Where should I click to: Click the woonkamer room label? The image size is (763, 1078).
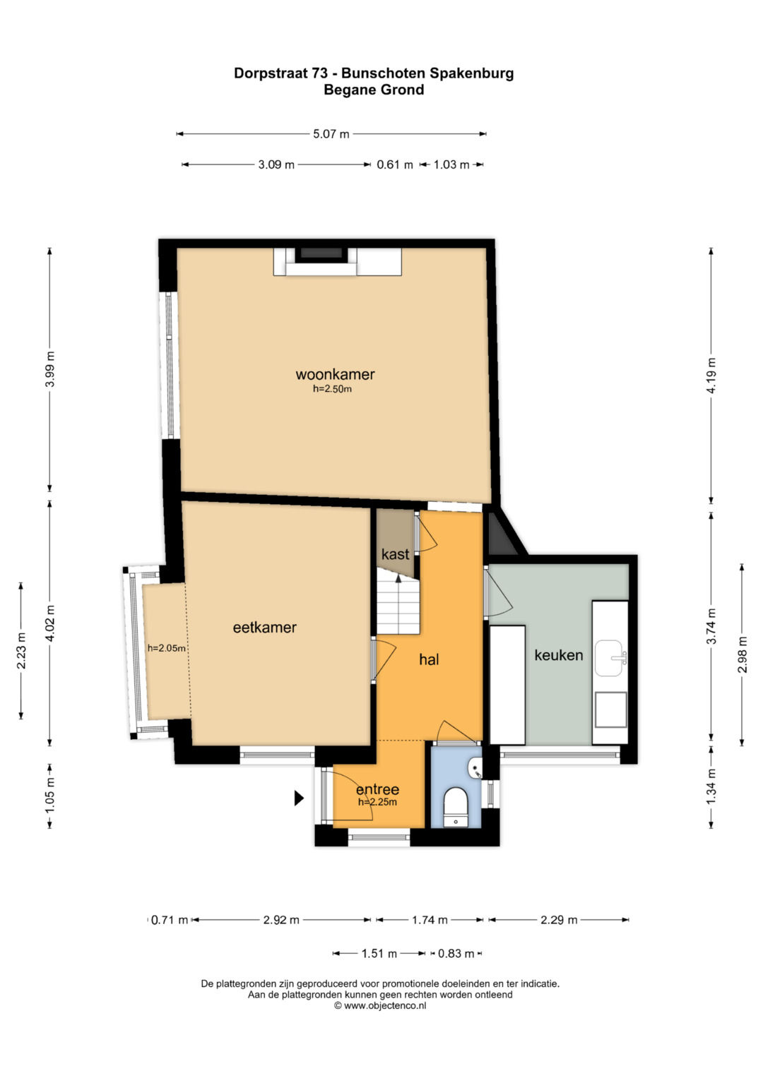[x=335, y=374]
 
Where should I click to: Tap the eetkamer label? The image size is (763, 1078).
[x=264, y=628]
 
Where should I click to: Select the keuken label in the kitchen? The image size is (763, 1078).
[x=559, y=655]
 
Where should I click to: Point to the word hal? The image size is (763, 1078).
[x=429, y=659]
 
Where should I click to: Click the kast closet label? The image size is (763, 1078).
[x=395, y=554]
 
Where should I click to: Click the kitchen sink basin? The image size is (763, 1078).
[x=610, y=658]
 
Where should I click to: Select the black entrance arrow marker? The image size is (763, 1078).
[x=299, y=798]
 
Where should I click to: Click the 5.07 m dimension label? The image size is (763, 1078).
[x=331, y=134]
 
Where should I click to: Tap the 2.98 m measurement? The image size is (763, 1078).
[x=743, y=654]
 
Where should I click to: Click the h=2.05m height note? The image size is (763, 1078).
[x=166, y=648]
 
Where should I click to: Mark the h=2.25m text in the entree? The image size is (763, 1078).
[x=377, y=802]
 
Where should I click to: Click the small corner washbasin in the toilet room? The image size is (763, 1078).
[x=475, y=766]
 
